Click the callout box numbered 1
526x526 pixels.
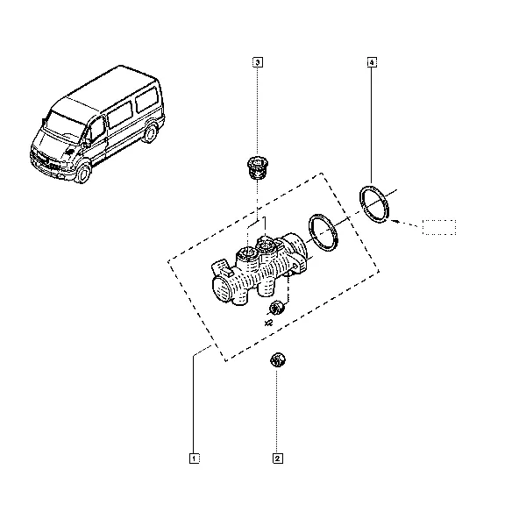click(x=195, y=458)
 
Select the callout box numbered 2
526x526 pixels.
click(x=278, y=458)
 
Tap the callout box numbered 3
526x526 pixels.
click(x=257, y=62)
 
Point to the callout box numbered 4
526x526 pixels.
click(x=372, y=62)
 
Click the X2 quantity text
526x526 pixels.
click(x=268, y=323)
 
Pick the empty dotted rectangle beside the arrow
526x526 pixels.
click(x=439, y=227)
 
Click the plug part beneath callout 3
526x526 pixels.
click(x=257, y=167)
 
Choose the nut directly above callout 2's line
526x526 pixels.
click(x=277, y=359)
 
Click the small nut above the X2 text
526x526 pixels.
click(x=277, y=308)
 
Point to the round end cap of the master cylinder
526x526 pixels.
click(x=222, y=290)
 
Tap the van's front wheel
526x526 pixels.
click(x=82, y=174)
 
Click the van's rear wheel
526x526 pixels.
click(x=150, y=133)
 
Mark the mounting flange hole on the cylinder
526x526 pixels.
click(x=295, y=267)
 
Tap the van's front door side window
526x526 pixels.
click(x=97, y=129)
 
